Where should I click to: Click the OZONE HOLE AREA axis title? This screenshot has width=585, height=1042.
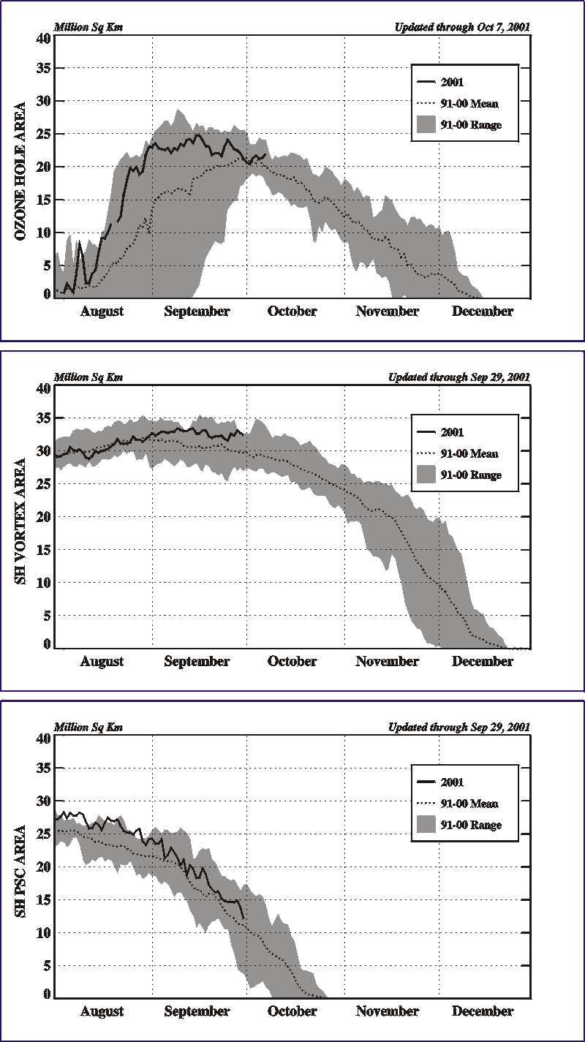pyautogui.click(x=20, y=170)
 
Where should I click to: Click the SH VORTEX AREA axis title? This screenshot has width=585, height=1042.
pyautogui.click(x=20, y=521)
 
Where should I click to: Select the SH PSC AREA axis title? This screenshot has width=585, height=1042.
pyautogui.click(x=20, y=872)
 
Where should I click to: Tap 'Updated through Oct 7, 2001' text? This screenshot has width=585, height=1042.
pyautogui.click(x=462, y=27)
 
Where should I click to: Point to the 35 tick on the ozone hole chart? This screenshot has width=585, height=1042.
pyautogui.click(x=43, y=68)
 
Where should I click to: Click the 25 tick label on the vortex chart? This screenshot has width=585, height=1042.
pyautogui.click(x=43, y=484)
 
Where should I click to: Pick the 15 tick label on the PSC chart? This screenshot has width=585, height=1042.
pyautogui.click(x=43, y=899)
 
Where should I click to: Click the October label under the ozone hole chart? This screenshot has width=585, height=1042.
pyautogui.click(x=292, y=312)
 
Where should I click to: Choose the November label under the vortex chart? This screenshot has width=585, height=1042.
pyautogui.click(x=388, y=661)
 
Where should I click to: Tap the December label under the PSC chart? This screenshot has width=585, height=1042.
pyautogui.click(x=483, y=1011)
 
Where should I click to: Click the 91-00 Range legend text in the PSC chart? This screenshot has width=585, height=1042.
pyautogui.click(x=471, y=825)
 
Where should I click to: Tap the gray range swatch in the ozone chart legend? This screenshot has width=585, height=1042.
pyautogui.click(x=426, y=124)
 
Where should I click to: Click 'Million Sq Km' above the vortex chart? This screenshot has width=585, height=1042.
pyautogui.click(x=88, y=377)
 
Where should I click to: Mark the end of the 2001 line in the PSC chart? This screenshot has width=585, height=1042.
pyautogui.click(x=244, y=918)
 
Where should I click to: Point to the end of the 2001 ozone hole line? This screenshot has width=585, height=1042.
pyautogui.click(x=266, y=154)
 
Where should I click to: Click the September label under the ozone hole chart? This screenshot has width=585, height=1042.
pyautogui.click(x=197, y=312)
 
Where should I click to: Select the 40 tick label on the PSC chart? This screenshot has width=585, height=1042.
pyautogui.click(x=43, y=739)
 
